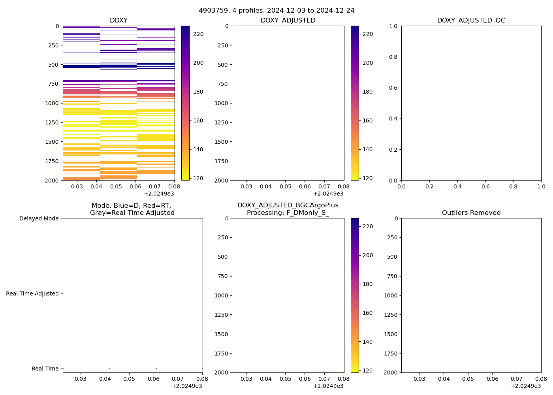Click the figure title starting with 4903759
coord(276,11)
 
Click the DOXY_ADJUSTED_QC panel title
coord(471,21)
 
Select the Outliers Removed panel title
coord(471,213)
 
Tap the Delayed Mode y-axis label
coord(39,218)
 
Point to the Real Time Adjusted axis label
coord(32,293)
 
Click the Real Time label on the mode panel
coord(45,369)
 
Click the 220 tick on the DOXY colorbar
coord(198,34)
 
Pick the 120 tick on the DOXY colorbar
coord(198,178)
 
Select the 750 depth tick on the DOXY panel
coord(53,84)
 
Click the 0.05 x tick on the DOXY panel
coord(116,186)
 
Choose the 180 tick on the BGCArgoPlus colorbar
coord(368,284)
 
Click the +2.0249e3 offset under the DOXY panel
coord(159,194)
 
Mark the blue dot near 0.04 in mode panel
coord(109,369)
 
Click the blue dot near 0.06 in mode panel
coord(156,369)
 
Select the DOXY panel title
coord(118,21)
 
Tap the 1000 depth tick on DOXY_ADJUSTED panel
coord(221,103)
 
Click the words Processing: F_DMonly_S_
coord(288,213)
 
